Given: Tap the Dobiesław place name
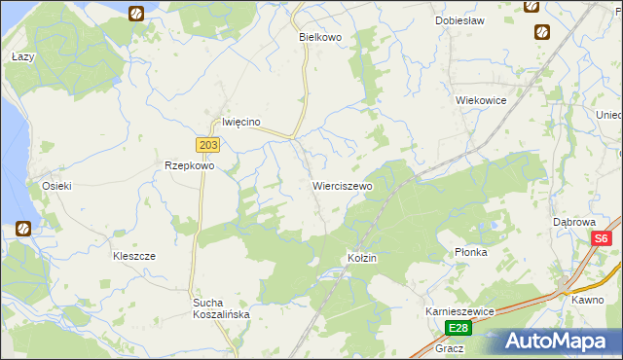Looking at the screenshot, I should [459, 20].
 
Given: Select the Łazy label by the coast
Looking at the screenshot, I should [22, 57].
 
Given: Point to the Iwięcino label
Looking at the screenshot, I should [241, 122].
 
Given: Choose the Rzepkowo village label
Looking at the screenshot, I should [189, 165].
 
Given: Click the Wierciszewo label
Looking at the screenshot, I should [342, 185].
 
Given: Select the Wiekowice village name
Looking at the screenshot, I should [481, 99].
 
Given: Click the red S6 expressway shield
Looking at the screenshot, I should [603, 238].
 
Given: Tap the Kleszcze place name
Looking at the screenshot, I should [134, 256].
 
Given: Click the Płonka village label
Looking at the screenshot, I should [470, 252].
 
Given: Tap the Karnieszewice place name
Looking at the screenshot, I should [460, 310].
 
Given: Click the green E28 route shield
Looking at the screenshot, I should [458, 328].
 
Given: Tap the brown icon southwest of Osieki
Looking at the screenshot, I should [22, 230].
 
